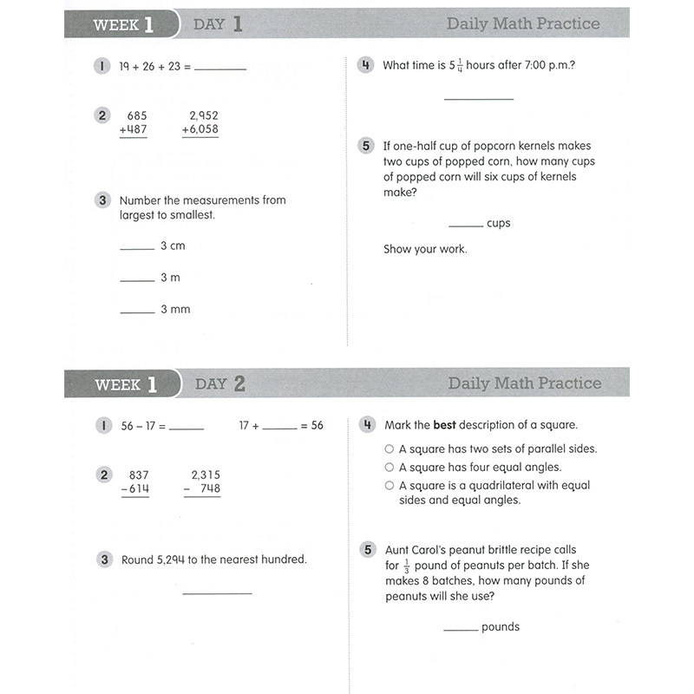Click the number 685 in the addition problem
[137, 115]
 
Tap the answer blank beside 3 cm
[137, 250]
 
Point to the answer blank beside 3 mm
[137, 313]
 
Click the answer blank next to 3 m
[137, 281]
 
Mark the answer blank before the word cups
[466, 227]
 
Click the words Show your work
[425, 249]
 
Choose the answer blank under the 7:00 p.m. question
[479, 99]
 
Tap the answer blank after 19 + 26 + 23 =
[220, 69]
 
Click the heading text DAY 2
[220, 383]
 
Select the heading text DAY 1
[219, 24]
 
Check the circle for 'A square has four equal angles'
[390, 468]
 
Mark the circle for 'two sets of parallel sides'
[390, 449]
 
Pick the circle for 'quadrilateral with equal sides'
[390, 486]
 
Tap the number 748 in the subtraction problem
[209, 488]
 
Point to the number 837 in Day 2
[139, 475]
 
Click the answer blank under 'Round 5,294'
[217, 593]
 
